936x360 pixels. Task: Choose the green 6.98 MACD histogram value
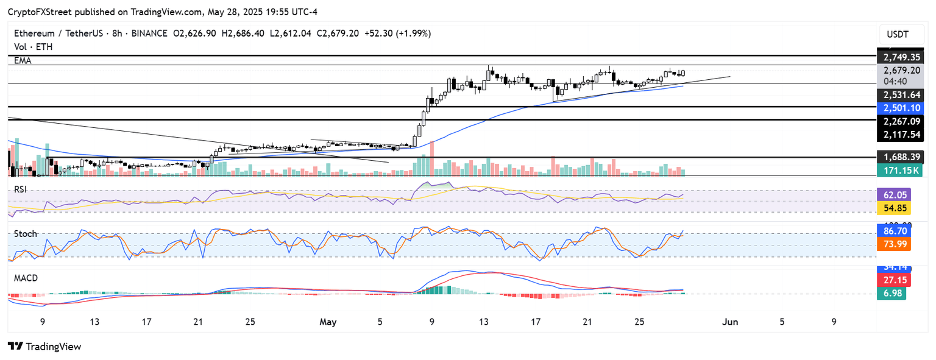click(x=890, y=293)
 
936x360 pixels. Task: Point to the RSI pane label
click(x=21, y=189)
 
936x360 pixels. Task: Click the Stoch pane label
click(x=25, y=234)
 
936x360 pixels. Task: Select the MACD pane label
click(x=26, y=278)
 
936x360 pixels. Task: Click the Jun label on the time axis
click(x=729, y=321)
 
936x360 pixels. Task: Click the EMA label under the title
click(x=23, y=61)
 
